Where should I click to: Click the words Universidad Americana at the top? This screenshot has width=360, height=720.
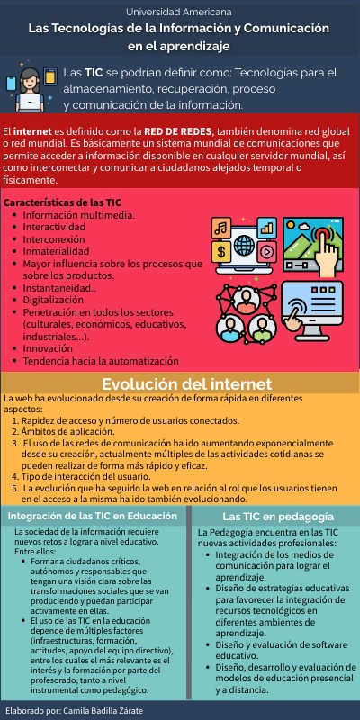[x=179, y=11]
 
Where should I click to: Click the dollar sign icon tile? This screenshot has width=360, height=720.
[x=220, y=253]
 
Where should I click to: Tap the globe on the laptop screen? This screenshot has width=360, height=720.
[x=243, y=243]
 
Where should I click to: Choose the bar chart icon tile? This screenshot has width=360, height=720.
[x=266, y=229]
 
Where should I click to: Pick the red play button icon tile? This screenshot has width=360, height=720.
[x=266, y=253]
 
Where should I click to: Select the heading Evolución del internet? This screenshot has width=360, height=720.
[x=179, y=383]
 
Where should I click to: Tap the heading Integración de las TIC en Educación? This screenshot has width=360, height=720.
[x=94, y=516]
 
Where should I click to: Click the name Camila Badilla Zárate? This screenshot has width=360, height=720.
[x=117, y=711]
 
